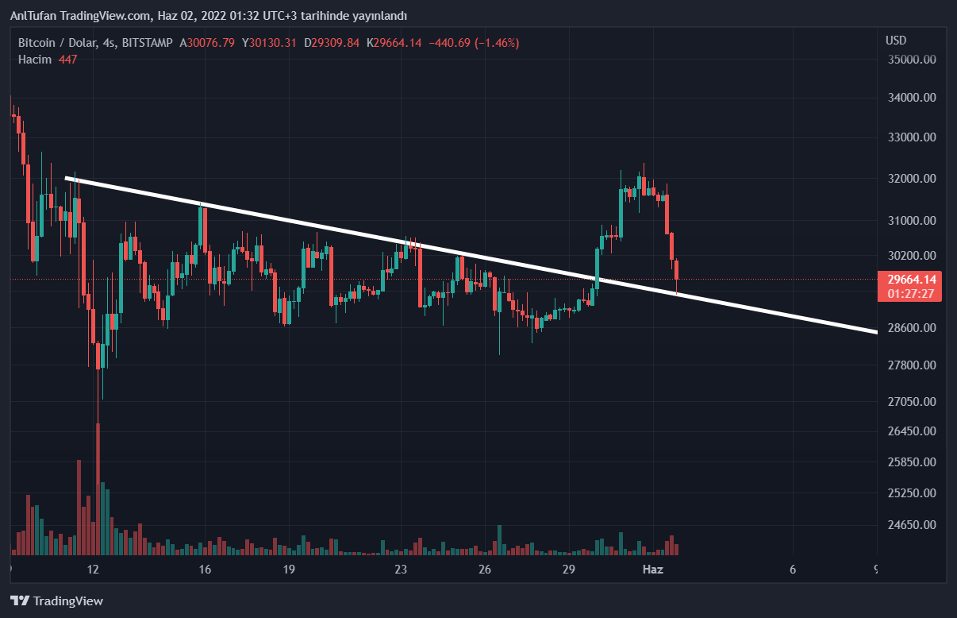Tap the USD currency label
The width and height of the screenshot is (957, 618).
pos(896,41)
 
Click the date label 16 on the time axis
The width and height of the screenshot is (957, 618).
pos(205,570)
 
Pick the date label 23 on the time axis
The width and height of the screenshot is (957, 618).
pos(401,570)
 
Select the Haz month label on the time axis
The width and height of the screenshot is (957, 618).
pos(652,570)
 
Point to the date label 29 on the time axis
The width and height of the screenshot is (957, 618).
pos(568,570)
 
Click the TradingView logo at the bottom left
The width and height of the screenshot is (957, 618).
pos(56,601)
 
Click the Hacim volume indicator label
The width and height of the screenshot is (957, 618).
pos(35,60)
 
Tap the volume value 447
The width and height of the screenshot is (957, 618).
pos(67,60)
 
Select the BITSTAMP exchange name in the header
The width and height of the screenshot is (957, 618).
pos(148,43)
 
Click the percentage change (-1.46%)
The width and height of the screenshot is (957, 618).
pos(498,43)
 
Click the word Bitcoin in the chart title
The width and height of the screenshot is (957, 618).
pos(37,43)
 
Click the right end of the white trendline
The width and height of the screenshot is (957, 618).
pos(875,331)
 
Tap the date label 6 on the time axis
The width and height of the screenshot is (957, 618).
pos(793,570)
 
